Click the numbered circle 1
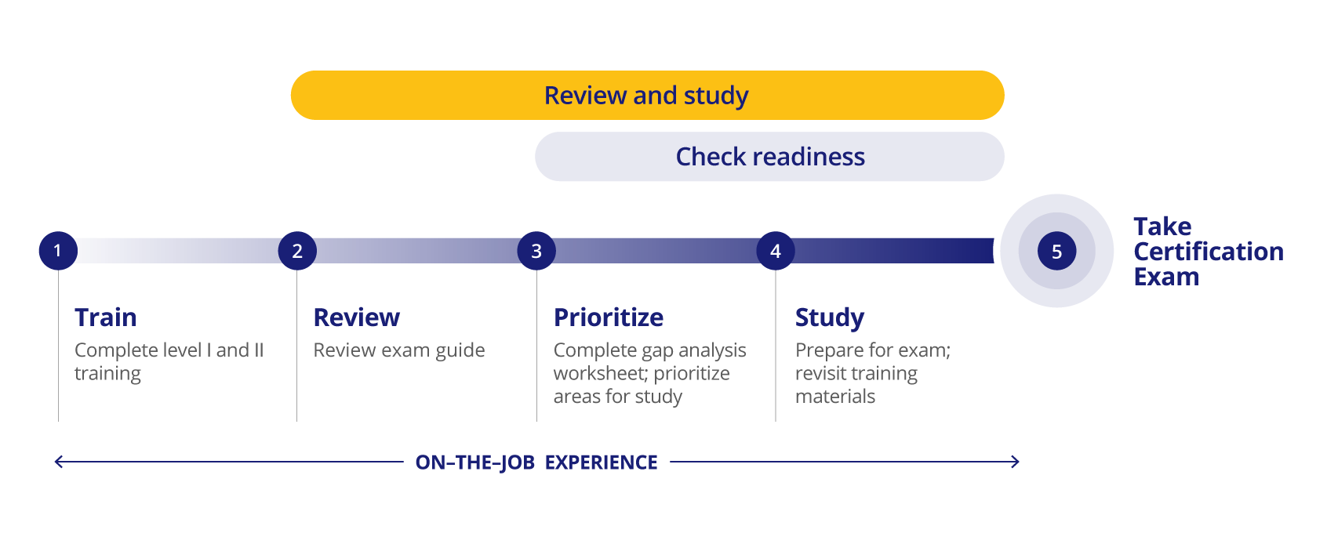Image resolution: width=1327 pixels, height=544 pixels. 58,251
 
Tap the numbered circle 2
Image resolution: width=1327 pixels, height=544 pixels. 297,251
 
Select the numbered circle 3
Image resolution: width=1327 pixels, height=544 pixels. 536,251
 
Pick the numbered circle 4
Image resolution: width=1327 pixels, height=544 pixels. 776,251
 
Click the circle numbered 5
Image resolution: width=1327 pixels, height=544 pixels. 1057,251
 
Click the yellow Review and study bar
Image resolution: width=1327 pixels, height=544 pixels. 648,96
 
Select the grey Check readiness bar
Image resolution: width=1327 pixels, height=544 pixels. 769,156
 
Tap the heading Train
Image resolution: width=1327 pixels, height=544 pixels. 105,317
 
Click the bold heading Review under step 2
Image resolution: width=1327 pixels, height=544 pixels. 357,317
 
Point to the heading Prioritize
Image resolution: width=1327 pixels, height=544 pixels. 609,317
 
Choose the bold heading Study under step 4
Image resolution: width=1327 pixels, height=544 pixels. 830,318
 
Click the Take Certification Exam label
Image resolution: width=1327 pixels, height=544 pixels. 1209,252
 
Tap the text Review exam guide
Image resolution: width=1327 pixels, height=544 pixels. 399,350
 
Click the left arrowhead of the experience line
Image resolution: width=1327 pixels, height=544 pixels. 57,462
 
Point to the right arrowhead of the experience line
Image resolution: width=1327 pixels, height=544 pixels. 1016,462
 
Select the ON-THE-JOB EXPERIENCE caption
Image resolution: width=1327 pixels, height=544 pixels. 536,462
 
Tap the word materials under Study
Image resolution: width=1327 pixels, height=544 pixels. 835,397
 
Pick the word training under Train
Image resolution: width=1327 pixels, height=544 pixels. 107,374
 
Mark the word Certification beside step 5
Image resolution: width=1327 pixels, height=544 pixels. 1209,252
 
